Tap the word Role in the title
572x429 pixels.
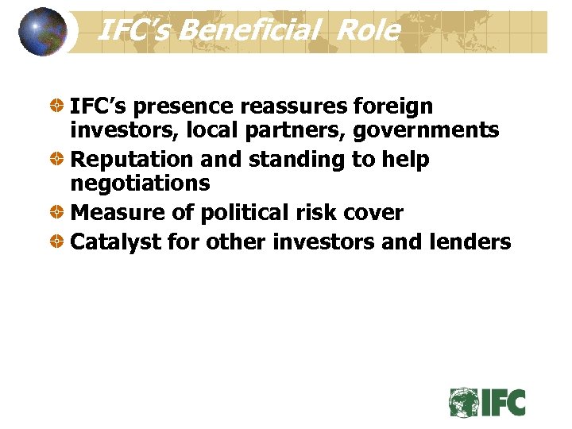click(368, 31)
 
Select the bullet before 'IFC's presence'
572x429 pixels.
click(58, 106)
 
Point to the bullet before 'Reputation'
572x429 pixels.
click(58, 160)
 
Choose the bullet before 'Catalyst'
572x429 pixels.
click(58, 242)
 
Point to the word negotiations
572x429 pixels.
click(140, 184)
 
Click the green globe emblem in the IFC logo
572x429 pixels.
click(463, 402)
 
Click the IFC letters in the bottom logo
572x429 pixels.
click(503, 402)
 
